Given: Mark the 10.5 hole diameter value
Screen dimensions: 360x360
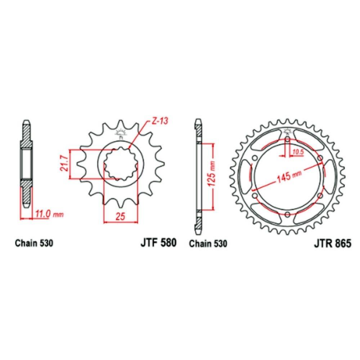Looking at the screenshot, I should [298, 152].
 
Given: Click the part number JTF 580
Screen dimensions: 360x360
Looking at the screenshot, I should [158, 243].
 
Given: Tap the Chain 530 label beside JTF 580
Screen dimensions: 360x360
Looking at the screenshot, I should [34, 243].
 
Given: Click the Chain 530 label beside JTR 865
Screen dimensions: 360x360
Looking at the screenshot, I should [208, 244].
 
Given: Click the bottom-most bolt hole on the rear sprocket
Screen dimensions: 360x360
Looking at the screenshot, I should [287, 215].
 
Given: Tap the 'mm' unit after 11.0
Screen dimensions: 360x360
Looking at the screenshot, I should [58, 215].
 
